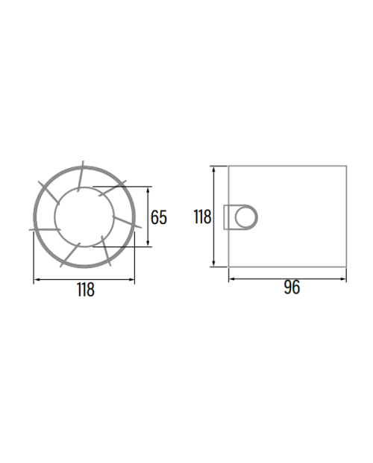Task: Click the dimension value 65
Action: (x=159, y=217)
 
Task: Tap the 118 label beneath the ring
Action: (x=86, y=290)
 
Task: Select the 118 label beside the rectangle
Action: (x=203, y=217)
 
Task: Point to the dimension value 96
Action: (x=292, y=288)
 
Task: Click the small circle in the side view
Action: (x=245, y=217)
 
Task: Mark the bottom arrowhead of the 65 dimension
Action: (x=148, y=243)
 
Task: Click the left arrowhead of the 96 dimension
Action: (x=232, y=279)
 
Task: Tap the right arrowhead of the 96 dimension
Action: (x=343, y=279)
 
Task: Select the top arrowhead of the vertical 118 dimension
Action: (x=214, y=170)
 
